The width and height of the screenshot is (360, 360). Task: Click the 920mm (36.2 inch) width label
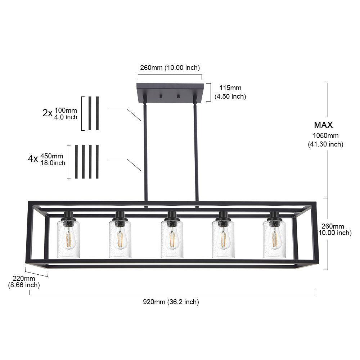coord(171,302)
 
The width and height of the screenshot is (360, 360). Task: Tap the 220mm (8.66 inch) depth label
coord(24,282)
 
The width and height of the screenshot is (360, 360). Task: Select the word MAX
coord(323,125)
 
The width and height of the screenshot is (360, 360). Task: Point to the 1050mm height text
coord(325,135)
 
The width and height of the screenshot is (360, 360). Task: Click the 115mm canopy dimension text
coord(230,88)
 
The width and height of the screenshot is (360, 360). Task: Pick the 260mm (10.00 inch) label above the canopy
coord(170,68)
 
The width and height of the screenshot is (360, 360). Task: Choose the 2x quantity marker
coord(48,113)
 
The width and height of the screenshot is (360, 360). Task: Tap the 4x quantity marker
coord(33,158)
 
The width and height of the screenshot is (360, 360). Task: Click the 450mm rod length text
coord(51,156)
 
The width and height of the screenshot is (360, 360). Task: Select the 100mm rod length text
coord(66,110)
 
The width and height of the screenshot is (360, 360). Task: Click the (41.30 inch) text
coord(325,144)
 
